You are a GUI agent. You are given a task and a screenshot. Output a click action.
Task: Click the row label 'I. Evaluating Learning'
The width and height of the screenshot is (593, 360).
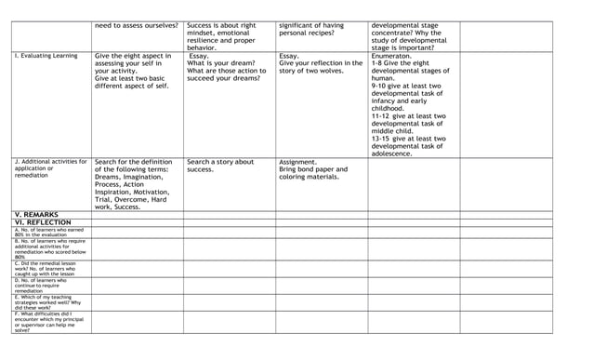tap(46, 56)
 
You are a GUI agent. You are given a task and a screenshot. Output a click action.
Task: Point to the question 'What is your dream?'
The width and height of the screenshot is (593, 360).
tap(220, 63)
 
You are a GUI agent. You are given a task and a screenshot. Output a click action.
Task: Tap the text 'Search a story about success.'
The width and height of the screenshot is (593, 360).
tap(220, 166)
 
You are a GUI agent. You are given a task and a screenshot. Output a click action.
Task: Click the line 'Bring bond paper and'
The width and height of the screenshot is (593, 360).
tap(313, 169)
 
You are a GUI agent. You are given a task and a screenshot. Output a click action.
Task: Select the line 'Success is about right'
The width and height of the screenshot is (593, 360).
tap(221, 25)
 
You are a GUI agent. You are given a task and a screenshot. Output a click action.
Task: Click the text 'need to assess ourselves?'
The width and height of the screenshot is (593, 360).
tap(136, 25)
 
